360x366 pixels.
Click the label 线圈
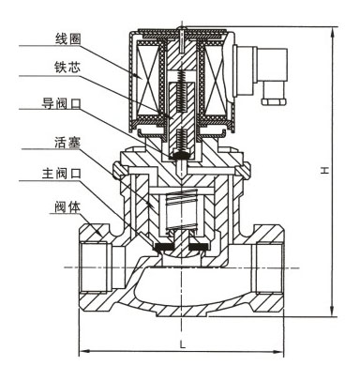pos(67,39)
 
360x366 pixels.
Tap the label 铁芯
pos(67,67)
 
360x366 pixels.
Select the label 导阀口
pos(61,103)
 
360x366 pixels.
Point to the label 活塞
pos(67,142)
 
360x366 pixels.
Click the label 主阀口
pos(62,173)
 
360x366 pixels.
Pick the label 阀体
pos(67,207)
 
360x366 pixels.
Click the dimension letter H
pos(324,170)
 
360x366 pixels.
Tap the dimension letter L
pos(183,344)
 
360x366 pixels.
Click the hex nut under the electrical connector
pos(274,101)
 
